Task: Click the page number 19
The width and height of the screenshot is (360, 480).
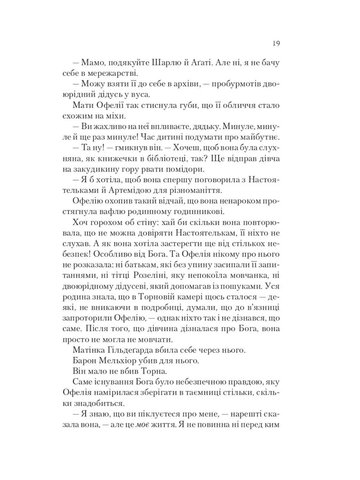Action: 276,43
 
